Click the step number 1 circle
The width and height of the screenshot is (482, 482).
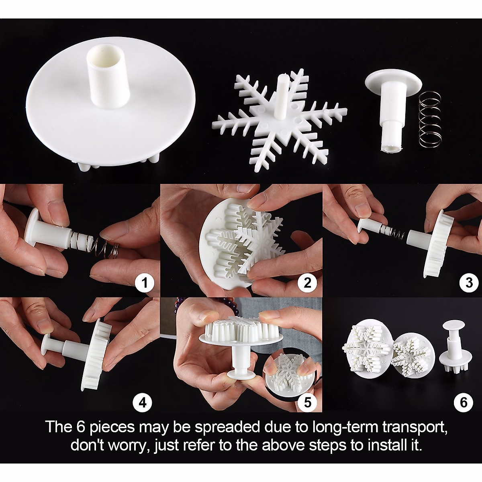click(145, 284)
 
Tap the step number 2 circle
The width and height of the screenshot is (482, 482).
click(307, 284)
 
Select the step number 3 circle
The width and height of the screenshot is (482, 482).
click(469, 283)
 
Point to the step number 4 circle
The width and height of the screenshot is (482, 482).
click(145, 402)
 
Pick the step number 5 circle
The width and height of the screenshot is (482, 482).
click(307, 402)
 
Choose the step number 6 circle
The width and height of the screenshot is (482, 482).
click(464, 402)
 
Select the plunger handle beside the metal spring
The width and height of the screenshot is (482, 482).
click(392, 108)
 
